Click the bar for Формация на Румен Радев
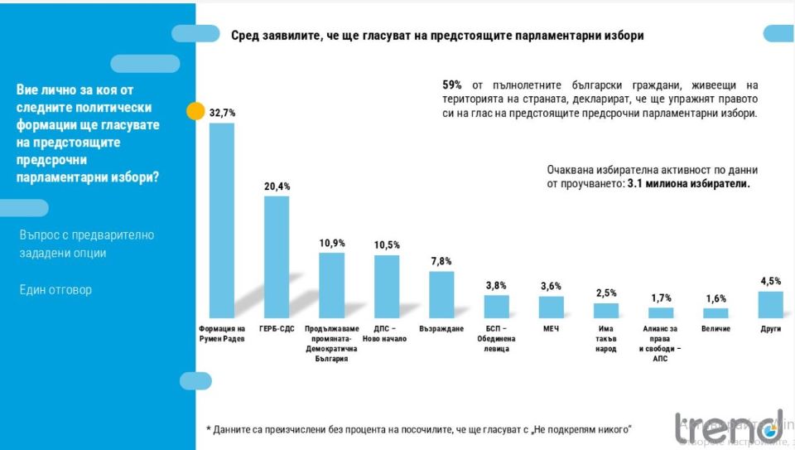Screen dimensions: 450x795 [222, 220]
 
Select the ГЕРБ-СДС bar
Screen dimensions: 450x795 [277, 257]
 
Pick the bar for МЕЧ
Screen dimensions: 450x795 [552, 307]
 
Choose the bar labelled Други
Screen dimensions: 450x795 [771, 304]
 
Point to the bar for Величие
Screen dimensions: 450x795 [715, 312]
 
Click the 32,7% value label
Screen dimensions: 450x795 [222, 112]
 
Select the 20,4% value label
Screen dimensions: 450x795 [277, 186]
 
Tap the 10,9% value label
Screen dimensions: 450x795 [331, 243]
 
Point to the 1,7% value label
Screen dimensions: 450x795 [661, 297]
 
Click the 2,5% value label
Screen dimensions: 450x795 [606, 293]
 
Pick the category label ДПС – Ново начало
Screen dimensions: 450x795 [386, 334]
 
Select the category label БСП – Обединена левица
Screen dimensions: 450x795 [496, 339]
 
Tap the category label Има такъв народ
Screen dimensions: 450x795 [606, 339]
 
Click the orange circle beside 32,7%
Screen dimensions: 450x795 [195, 111]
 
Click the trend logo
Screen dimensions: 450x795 [728, 426]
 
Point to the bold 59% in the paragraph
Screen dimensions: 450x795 [452, 85]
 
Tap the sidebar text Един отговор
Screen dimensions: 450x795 [55, 290]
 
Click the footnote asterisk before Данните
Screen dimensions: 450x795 [209, 429]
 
